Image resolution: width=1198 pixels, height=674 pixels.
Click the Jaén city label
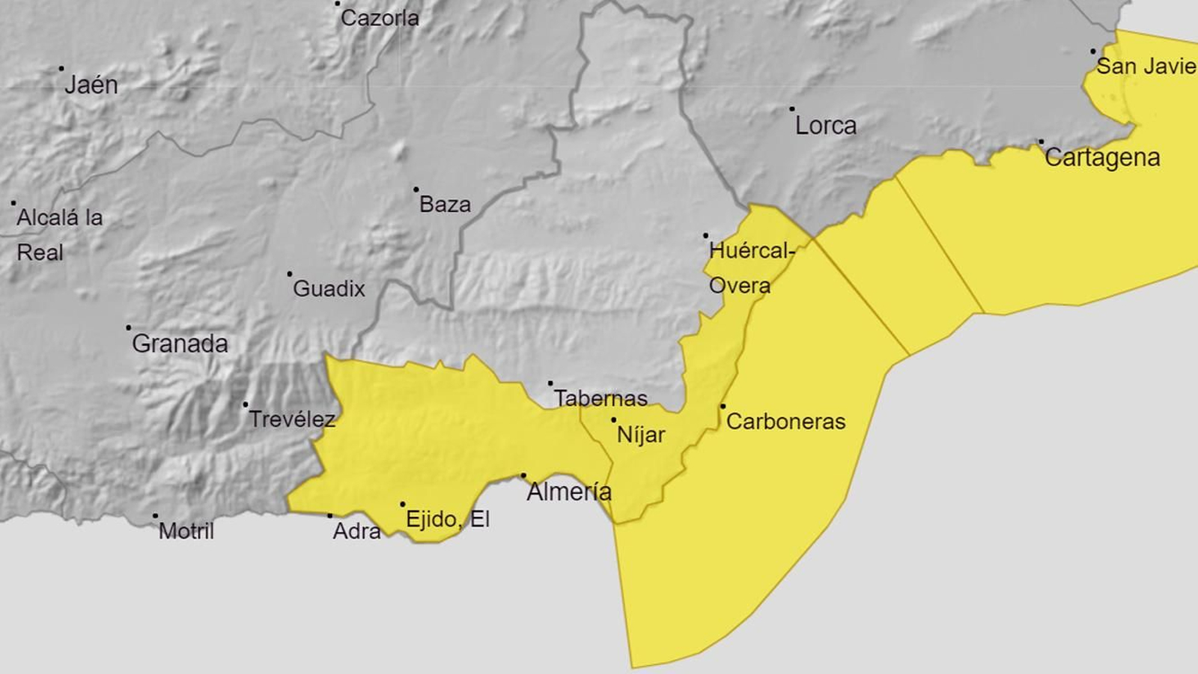(91, 85)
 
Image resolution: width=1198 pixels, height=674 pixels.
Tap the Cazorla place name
(380, 18)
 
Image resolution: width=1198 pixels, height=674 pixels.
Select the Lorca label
(825, 126)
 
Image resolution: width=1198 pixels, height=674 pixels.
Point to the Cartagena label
(1102, 157)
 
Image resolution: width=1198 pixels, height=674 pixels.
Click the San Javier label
(1146, 66)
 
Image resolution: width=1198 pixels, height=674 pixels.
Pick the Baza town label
(445, 204)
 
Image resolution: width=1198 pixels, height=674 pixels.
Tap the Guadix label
(329, 288)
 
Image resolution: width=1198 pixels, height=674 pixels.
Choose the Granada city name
(180, 344)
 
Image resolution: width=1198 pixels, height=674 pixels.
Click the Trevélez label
(291, 419)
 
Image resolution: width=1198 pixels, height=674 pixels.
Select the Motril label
(186, 531)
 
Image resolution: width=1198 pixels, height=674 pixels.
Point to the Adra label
(356, 531)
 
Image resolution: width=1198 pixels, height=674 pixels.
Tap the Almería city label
(569, 492)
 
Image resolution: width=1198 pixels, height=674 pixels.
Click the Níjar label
(641, 434)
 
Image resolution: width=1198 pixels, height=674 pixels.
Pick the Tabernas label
(600, 398)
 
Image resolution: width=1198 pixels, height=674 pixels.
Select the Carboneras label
(785, 422)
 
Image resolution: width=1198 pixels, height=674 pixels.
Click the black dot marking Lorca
(792, 109)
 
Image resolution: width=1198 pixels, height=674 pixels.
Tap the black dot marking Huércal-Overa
(705, 236)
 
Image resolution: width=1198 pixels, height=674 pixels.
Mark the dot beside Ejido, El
(403, 505)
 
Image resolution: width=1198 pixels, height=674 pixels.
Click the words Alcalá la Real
(59, 234)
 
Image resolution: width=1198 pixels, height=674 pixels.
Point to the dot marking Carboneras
(723, 407)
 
